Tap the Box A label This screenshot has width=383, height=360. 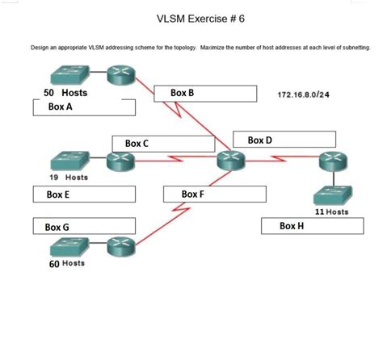(x=61, y=107)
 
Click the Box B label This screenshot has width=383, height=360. (x=182, y=93)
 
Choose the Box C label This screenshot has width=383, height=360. (x=137, y=143)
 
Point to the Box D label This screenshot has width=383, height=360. (x=259, y=140)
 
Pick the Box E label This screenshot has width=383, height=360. (x=58, y=195)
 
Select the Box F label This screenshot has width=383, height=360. (x=193, y=195)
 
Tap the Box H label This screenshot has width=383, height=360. (x=292, y=226)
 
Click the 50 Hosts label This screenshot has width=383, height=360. (x=65, y=93)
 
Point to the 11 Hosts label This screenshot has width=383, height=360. (x=331, y=211)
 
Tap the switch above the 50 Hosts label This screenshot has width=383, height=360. (x=69, y=76)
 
